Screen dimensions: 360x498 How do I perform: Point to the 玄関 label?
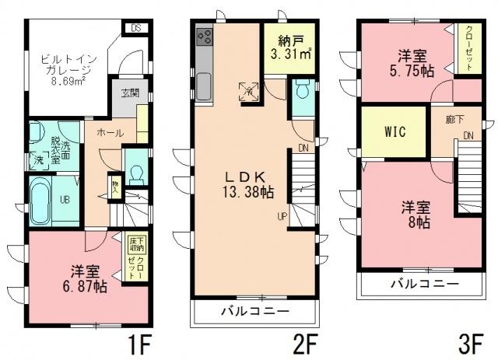click(x=130, y=94)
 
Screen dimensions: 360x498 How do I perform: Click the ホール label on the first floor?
click(x=109, y=133)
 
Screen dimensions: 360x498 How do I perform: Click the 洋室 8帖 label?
click(x=416, y=215)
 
